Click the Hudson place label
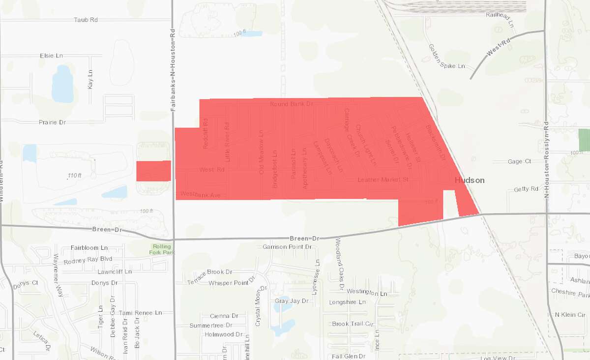coord(470,180)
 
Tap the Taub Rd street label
coord(86,20)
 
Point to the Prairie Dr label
coord(52,122)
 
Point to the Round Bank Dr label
coord(292,104)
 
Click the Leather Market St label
coord(383,180)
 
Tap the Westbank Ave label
coord(200,194)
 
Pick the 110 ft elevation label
coord(74,176)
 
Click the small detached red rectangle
coord(153,171)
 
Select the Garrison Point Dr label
coord(287,246)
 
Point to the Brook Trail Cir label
coord(353,324)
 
